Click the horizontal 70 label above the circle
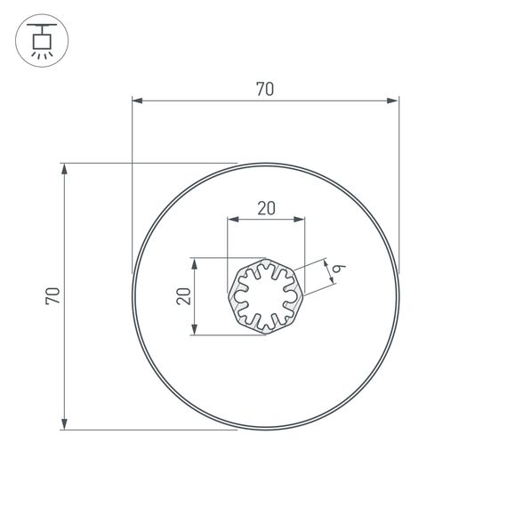click(x=264, y=89)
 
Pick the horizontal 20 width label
click(x=266, y=209)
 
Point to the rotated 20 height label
click(x=183, y=296)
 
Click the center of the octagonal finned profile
click(x=265, y=296)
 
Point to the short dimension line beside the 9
click(x=330, y=273)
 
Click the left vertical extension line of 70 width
click(x=132, y=187)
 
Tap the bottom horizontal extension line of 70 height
click(x=151, y=430)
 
